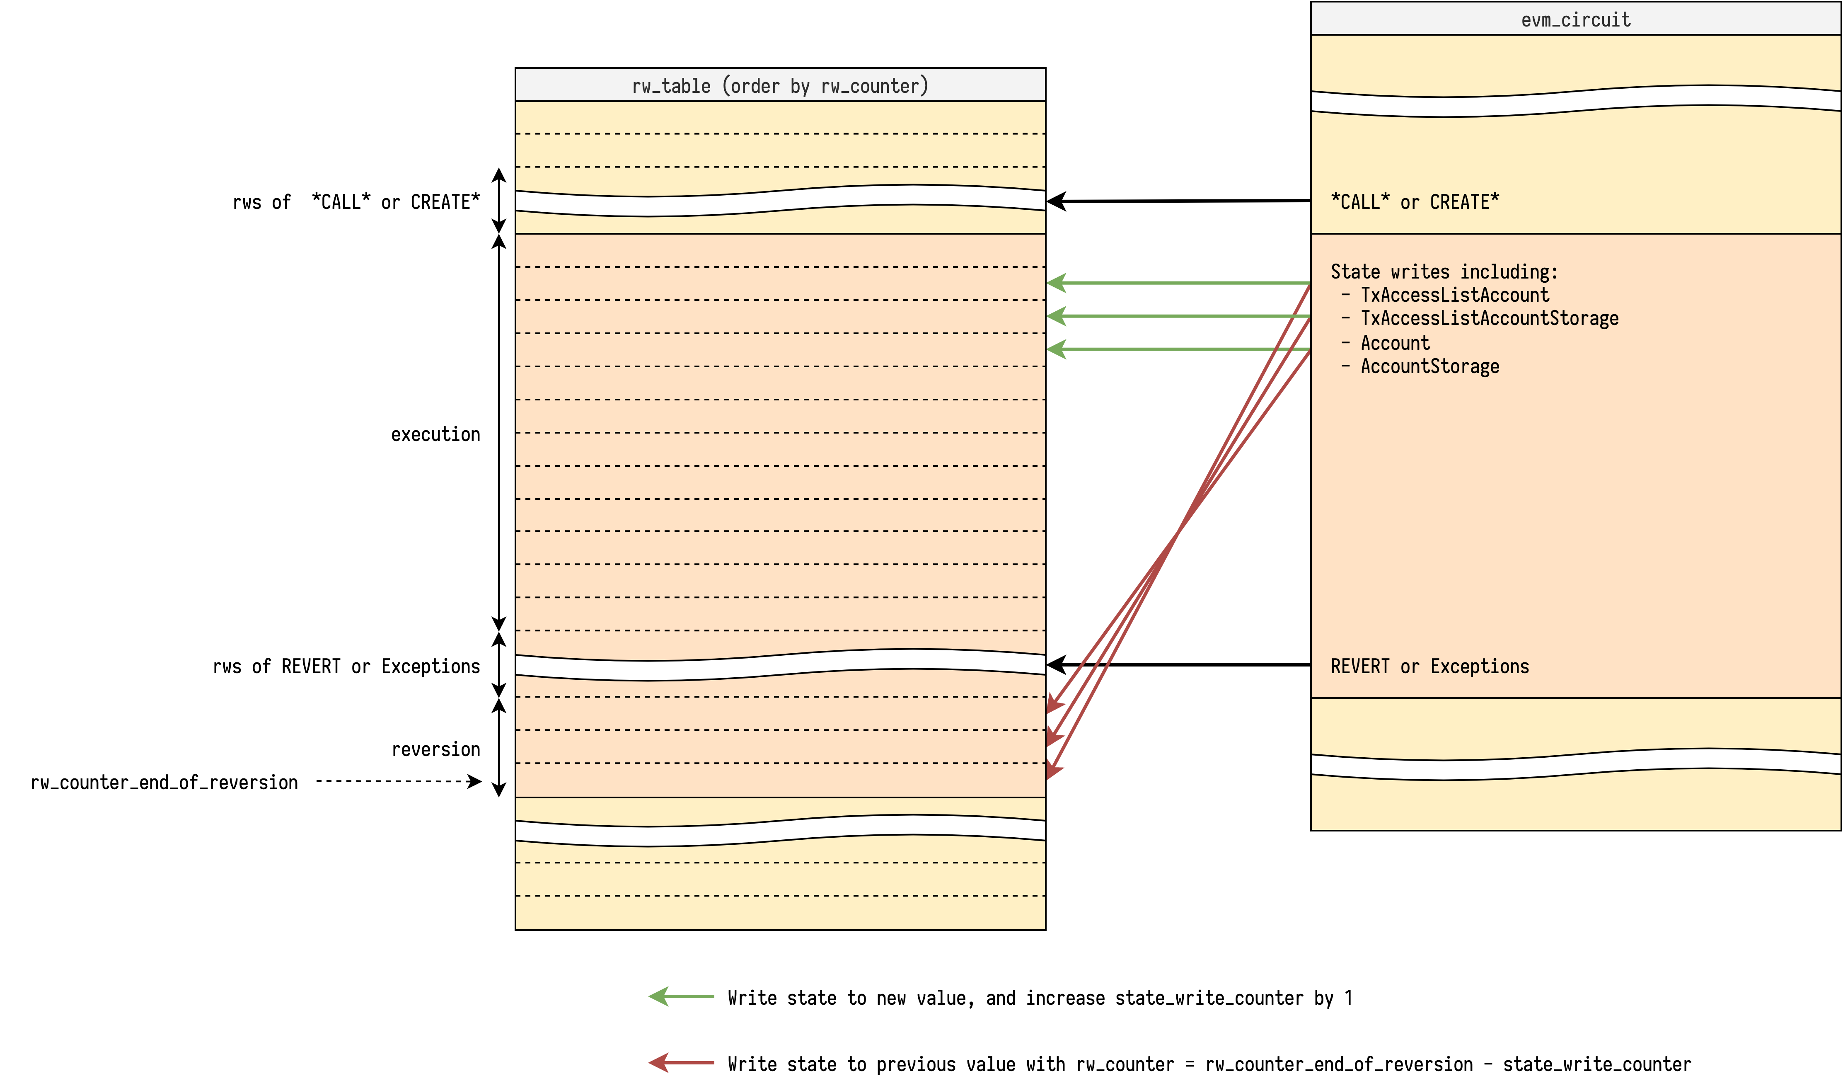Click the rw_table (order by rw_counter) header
pos(780,85)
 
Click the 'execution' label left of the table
pos(435,434)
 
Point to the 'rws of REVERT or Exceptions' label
pos(346,667)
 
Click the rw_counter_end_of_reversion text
pos(164,783)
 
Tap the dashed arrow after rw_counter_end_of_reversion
pos(399,782)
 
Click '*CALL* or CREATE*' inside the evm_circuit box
pos(1415,202)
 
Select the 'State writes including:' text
pos(1444,272)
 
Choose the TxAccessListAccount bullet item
pos(1454,296)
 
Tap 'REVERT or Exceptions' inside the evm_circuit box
pos(1429,667)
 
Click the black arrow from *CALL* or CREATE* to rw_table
pos(1178,200)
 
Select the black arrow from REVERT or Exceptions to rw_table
pos(1178,665)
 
